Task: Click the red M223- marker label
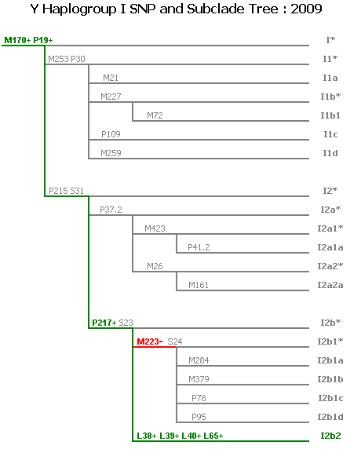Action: click(x=150, y=341)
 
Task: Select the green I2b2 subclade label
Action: click(x=330, y=436)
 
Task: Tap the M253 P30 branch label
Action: click(x=67, y=59)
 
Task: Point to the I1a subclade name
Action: click(x=330, y=78)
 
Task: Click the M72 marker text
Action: click(x=155, y=115)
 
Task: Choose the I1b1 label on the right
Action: click(x=330, y=115)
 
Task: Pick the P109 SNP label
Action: click(x=111, y=134)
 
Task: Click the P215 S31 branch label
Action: click(x=66, y=191)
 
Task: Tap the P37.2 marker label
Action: click(x=111, y=210)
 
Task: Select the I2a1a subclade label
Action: click(x=330, y=247)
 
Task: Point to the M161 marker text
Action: click(x=199, y=285)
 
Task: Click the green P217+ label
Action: click(x=104, y=323)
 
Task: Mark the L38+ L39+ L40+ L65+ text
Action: click(x=180, y=436)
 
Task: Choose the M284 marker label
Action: click(x=199, y=360)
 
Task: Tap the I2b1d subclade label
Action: click(x=330, y=417)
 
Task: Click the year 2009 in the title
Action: click(x=306, y=9)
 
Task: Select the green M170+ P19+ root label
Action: click(x=28, y=40)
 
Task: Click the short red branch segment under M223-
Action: click(x=155, y=347)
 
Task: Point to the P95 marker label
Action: click(x=199, y=417)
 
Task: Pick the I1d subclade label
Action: click(x=330, y=153)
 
